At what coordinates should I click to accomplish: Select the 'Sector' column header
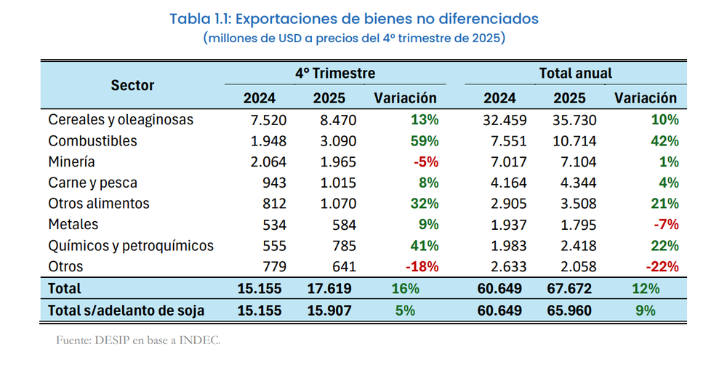pos(132,85)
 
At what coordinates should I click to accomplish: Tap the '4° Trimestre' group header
pos(334,73)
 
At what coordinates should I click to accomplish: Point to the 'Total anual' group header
pos(575,73)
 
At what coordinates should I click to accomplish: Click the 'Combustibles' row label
pos(92,140)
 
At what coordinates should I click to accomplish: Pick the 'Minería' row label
pos(71,161)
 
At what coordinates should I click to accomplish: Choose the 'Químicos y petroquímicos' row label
pos(131,246)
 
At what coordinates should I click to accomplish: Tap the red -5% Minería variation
pos(425,161)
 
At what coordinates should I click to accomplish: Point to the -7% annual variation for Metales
pos(665,225)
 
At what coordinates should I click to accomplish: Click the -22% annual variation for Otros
pos(662,267)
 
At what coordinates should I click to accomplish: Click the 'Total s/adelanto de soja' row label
pos(126,311)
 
